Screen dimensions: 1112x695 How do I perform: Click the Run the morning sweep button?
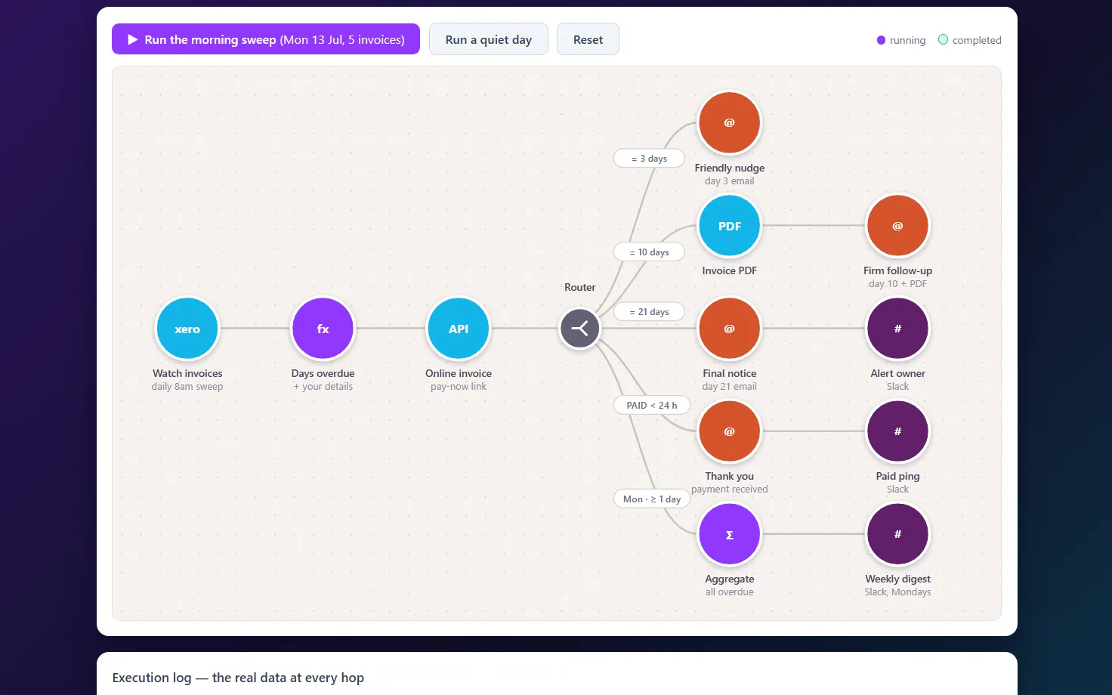click(x=266, y=39)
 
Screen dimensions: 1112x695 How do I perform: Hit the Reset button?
click(x=588, y=39)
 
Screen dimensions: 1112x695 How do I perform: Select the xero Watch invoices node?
click(x=187, y=329)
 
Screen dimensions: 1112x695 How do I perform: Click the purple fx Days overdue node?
click(x=323, y=329)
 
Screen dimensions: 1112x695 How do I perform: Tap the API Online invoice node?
click(x=459, y=329)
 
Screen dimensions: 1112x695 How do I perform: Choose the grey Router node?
click(x=580, y=329)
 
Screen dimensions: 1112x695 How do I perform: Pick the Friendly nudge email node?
click(x=729, y=122)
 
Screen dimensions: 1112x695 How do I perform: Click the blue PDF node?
click(x=729, y=226)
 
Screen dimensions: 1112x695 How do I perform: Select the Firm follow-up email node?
click(x=897, y=226)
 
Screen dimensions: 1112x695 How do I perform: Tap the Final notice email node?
click(x=729, y=329)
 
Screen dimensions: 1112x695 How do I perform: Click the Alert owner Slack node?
click(x=897, y=329)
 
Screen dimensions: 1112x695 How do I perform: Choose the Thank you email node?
click(x=729, y=431)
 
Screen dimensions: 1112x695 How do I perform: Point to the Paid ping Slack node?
click(x=897, y=431)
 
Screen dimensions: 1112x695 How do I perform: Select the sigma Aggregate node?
click(x=729, y=534)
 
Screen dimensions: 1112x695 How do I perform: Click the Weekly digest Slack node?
click(x=897, y=534)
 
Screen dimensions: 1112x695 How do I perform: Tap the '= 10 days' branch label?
click(x=650, y=252)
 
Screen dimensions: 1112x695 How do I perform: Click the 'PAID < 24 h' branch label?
click(x=652, y=406)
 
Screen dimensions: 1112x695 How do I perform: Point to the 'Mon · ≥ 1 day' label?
click(x=652, y=499)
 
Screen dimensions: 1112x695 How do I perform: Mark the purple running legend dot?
click(x=881, y=40)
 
